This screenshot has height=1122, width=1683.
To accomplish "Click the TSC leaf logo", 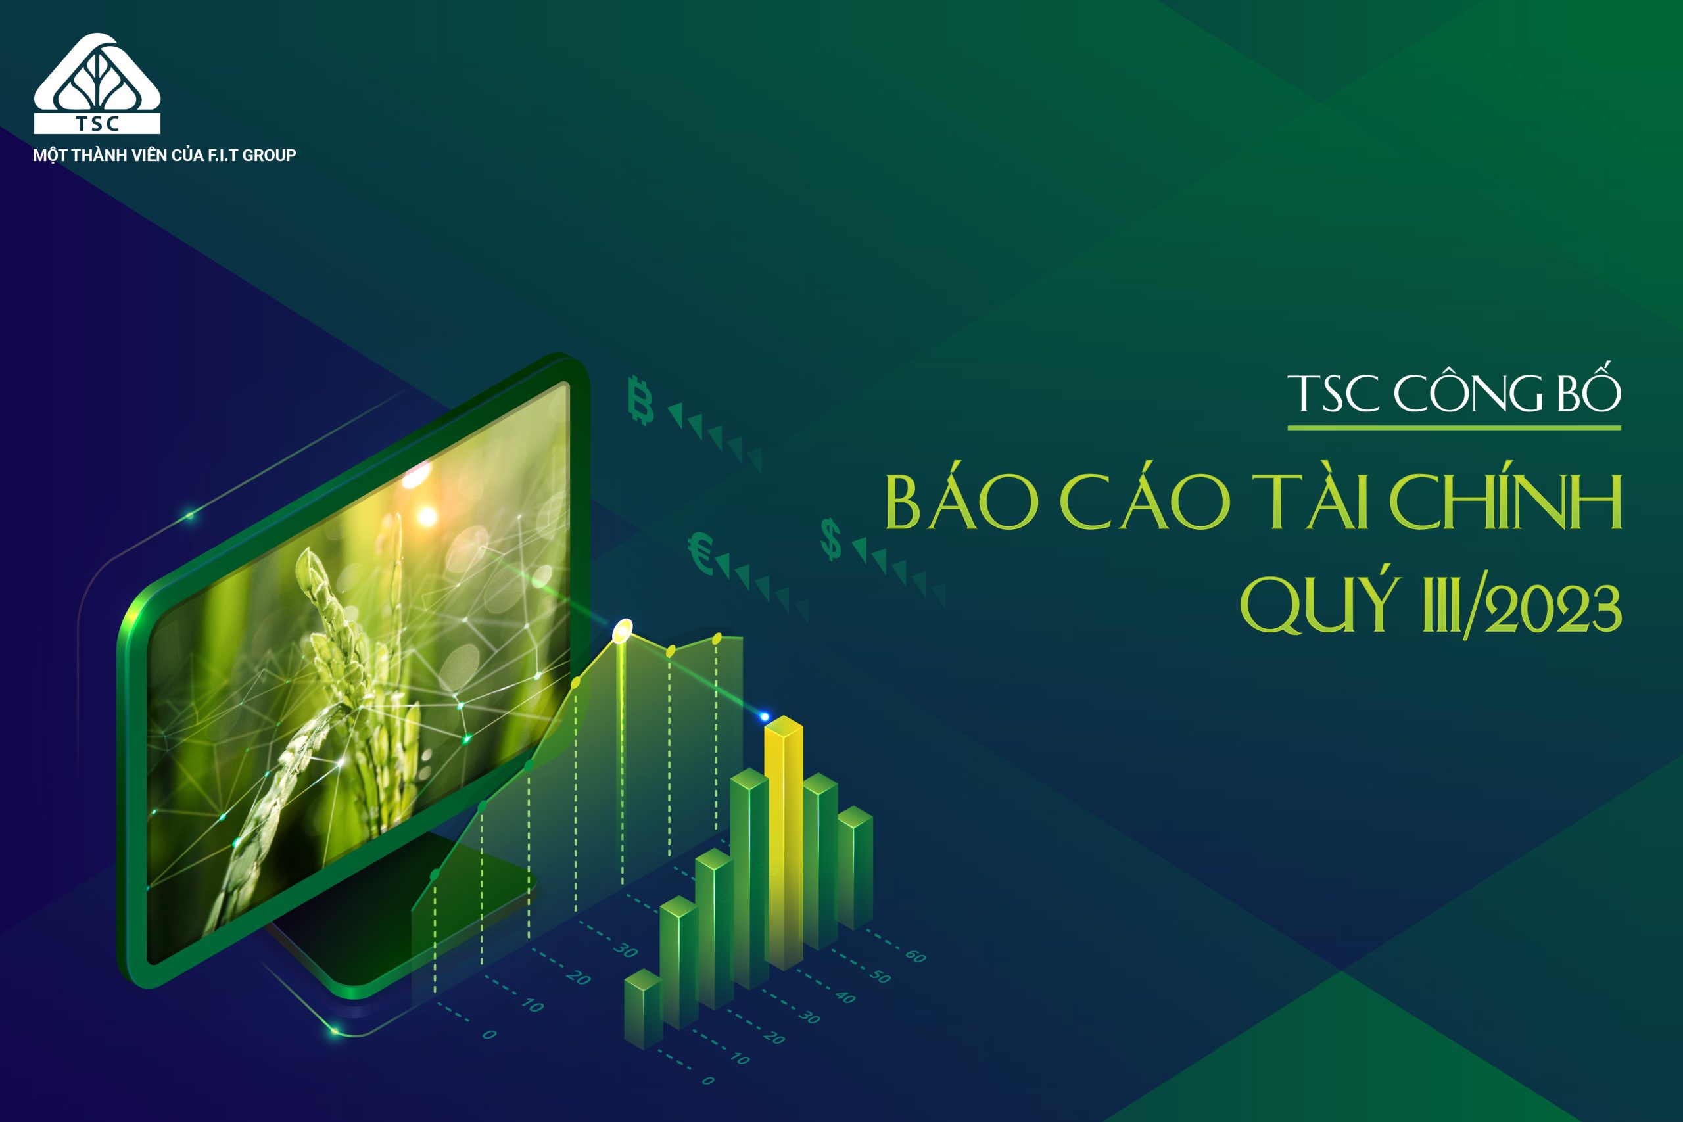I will (97, 82).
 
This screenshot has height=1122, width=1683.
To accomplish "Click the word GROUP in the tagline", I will (269, 155).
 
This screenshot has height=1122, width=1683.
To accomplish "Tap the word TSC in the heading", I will (1333, 394).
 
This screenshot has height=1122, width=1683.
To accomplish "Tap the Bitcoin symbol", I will (640, 400).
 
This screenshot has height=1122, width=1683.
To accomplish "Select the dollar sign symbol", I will (831, 540).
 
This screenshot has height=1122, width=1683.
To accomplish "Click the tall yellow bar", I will (784, 845).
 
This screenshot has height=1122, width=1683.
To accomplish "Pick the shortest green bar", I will (642, 1009).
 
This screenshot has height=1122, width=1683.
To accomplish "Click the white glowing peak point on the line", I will (623, 630).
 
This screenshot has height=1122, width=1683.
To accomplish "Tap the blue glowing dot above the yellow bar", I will (764, 716).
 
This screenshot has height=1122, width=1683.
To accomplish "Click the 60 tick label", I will (915, 956).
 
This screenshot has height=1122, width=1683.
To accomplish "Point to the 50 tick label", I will (880, 976).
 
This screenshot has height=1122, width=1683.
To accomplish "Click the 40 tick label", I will (845, 996).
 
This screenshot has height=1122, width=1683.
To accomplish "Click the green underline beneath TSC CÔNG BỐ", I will (1454, 427).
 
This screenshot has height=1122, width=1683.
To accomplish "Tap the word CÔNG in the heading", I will (1467, 394).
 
